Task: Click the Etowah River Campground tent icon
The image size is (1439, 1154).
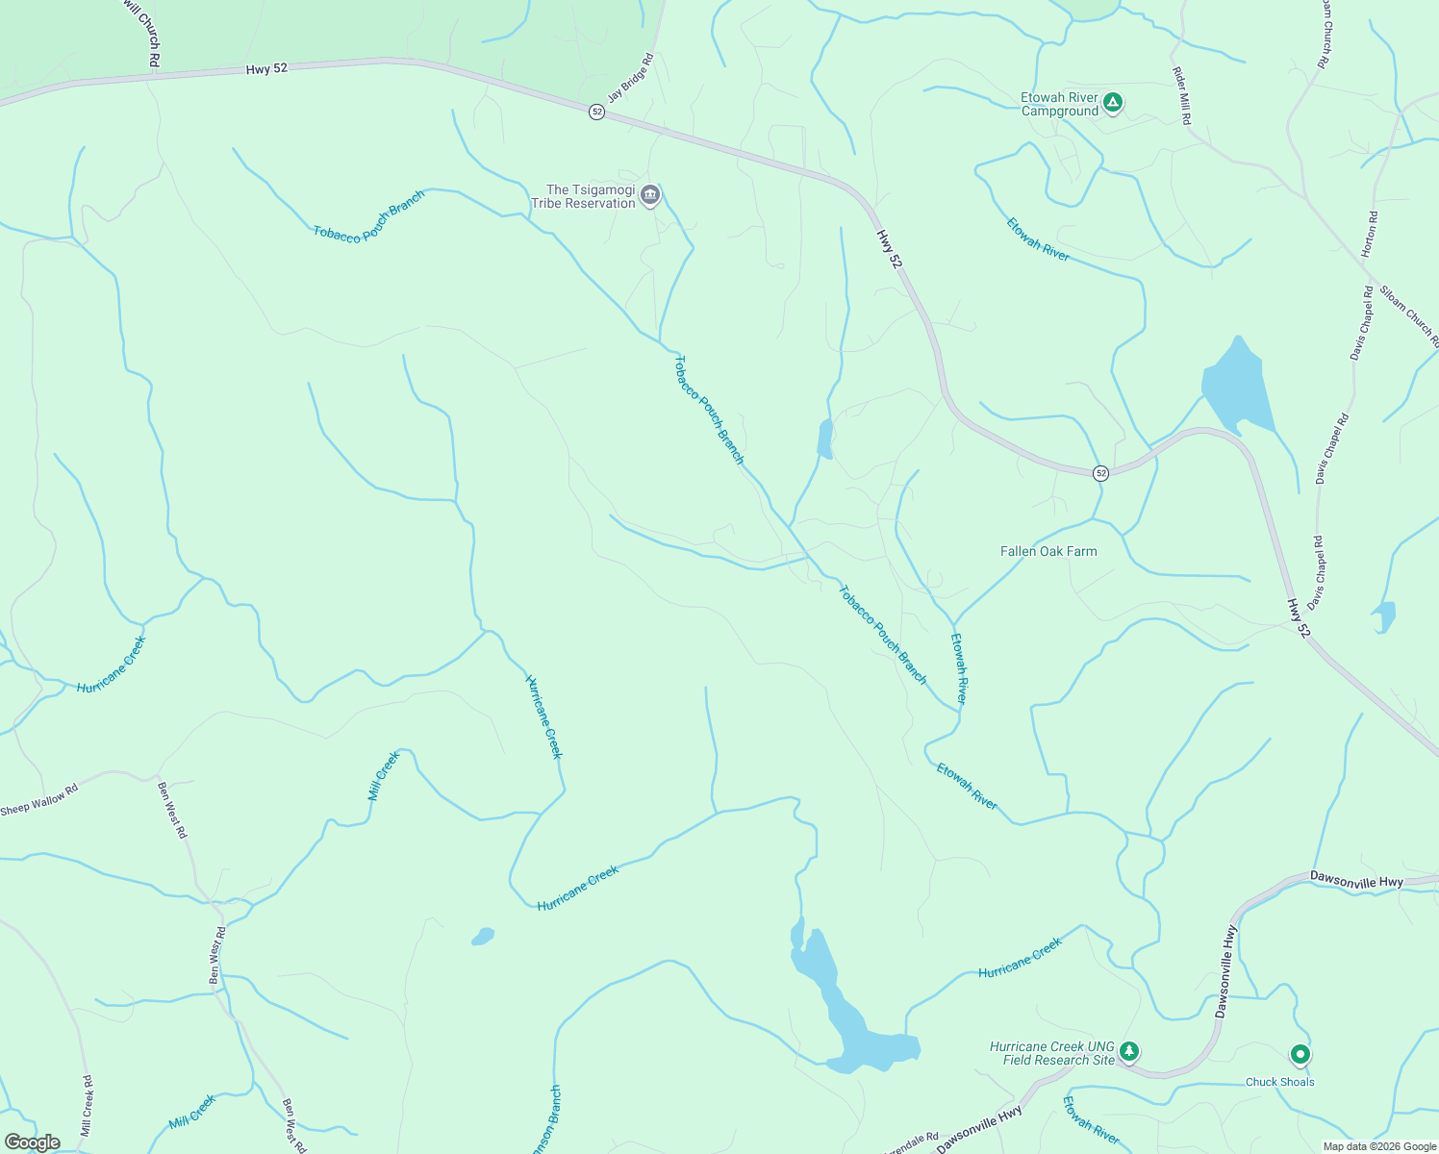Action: coord(1113,102)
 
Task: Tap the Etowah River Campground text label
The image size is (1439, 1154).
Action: coord(1059,105)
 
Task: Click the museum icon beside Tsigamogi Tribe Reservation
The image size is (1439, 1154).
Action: coord(650,196)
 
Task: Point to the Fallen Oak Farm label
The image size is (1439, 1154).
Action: coord(1048,551)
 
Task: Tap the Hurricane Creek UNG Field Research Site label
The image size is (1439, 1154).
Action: coord(1051,1053)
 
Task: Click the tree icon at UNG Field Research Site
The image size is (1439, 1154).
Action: coord(1129,1052)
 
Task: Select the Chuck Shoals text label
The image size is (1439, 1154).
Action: coord(1279,1082)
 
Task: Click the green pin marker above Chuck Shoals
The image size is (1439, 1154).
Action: coord(1300,1055)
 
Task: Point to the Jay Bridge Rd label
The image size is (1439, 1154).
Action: coord(630,78)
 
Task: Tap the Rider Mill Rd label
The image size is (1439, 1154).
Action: coord(1182,95)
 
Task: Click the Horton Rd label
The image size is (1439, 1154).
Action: coord(1370,234)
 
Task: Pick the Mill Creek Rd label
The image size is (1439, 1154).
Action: coord(87,1106)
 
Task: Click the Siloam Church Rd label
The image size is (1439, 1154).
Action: coord(1409,315)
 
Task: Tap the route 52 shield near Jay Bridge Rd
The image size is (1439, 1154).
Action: coord(597,113)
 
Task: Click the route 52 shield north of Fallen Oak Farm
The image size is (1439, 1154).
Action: coord(1100,473)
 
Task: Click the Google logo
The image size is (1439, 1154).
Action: coord(33,1142)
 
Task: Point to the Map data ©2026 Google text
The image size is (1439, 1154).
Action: coord(1378,1146)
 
